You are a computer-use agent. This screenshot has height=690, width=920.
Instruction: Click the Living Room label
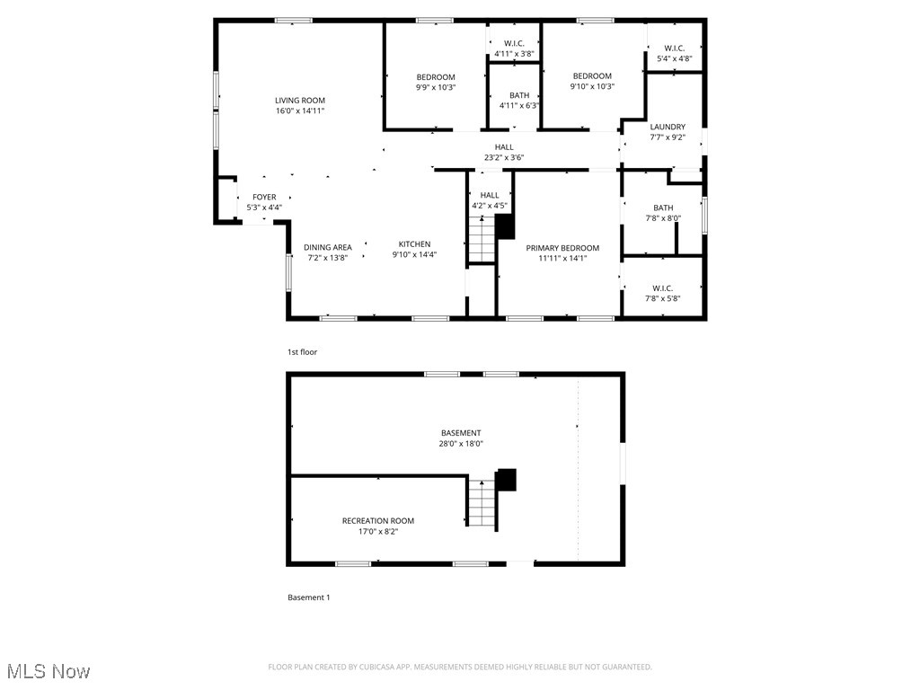[299, 101]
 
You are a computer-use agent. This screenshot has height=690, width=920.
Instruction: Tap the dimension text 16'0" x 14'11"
[299, 111]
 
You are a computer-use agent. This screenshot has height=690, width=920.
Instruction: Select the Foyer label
[264, 197]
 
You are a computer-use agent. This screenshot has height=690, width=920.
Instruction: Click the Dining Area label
[327, 246]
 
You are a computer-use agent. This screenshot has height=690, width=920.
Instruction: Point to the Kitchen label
[414, 244]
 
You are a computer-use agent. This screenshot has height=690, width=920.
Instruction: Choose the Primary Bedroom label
[562, 248]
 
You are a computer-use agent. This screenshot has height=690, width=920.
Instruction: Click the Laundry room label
[668, 127]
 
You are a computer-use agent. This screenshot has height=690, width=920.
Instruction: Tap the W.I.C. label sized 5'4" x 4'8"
[674, 49]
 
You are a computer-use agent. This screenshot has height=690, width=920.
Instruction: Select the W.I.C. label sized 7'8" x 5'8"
[663, 288]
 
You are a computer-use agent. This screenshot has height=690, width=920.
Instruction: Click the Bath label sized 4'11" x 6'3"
[519, 95]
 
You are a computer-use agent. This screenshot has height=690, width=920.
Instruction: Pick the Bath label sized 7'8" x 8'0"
[663, 208]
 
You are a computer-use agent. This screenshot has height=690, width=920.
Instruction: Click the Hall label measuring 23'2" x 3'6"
[504, 147]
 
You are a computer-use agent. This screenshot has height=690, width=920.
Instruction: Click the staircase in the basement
[482, 503]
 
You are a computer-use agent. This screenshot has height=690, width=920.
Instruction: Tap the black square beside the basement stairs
[507, 480]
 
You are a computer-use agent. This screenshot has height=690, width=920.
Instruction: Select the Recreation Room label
[378, 521]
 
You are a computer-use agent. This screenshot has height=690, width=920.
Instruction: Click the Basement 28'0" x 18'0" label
[461, 433]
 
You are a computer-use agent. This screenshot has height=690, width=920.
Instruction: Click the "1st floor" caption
[302, 352]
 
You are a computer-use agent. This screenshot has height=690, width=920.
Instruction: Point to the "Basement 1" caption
[308, 597]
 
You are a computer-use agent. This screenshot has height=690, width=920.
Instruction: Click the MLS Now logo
[49, 671]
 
